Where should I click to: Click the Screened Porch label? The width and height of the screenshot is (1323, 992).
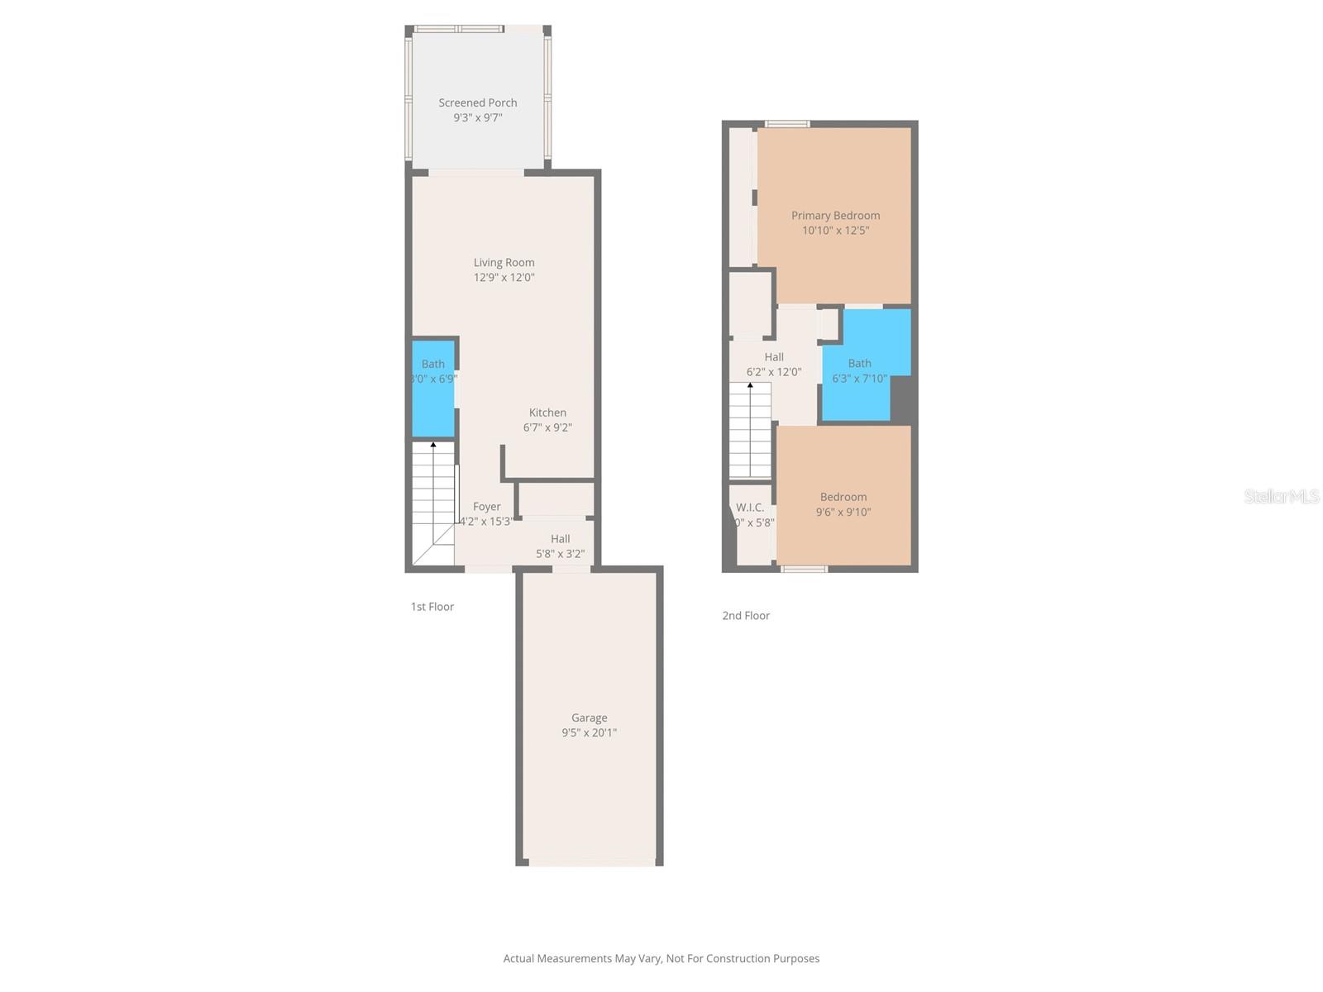click(478, 103)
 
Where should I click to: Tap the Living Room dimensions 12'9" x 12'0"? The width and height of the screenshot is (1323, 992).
click(504, 278)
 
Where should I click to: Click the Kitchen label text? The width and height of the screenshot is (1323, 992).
click(547, 413)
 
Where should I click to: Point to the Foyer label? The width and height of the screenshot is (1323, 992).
click(486, 507)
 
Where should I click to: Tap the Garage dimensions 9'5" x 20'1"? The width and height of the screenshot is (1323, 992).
click(589, 732)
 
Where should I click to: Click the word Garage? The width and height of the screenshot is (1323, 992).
click(589, 718)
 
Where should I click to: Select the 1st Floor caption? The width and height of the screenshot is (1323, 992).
click(432, 607)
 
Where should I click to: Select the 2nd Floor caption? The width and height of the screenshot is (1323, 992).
click(746, 616)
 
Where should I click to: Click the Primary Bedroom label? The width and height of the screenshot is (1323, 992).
click(835, 216)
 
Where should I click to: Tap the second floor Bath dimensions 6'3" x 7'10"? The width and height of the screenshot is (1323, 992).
click(859, 379)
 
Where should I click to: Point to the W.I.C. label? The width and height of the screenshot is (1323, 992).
click(750, 508)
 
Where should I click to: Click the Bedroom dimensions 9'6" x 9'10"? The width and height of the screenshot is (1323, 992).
click(843, 512)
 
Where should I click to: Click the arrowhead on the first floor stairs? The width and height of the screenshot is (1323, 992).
click(433, 445)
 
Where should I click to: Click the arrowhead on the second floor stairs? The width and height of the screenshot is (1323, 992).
click(750, 385)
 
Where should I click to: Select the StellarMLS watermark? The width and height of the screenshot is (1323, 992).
click(1281, 496)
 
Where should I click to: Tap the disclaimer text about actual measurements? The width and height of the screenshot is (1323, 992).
click(661, 959)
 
